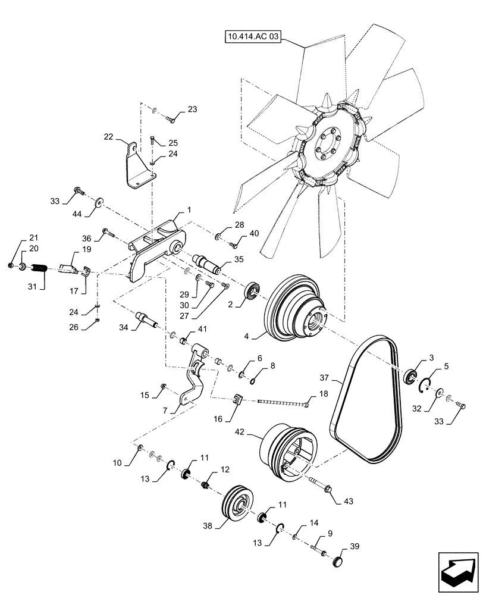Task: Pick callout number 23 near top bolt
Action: pos(192,109)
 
